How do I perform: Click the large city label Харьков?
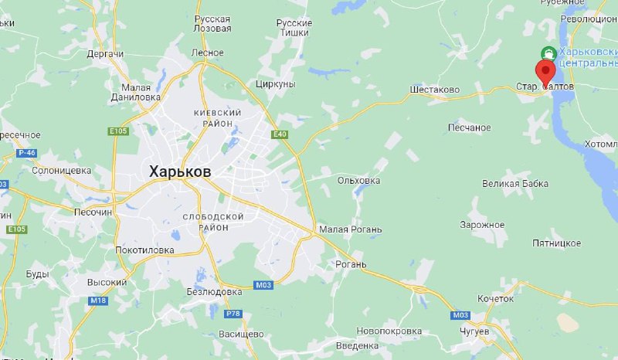179,172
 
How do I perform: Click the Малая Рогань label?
350,229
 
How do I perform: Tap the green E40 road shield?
280,134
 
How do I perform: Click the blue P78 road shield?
233,313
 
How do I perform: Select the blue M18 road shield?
98,300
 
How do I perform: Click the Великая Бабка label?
514,184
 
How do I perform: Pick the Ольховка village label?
358,181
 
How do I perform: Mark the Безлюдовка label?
215,292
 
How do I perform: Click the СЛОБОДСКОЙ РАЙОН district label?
213,222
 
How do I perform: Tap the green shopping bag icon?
548,53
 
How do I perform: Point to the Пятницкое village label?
556,243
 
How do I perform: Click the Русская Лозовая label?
212,23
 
